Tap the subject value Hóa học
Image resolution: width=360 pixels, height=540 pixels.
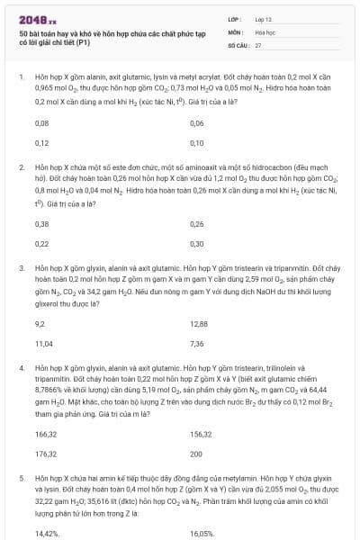pyautogui.click(x=264, y=31)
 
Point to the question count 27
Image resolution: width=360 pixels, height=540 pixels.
pyautogui.click(x=258, y=43)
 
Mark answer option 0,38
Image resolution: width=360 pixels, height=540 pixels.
pyautogui.click(x=41, y=223)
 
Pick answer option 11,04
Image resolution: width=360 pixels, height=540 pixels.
pyautogui.click(x=43, y=343)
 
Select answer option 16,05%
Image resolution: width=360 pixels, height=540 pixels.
pyautogui.click(x=202, y=534)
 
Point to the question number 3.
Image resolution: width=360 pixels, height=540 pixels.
pyautogui.click(x=21, y=268)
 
